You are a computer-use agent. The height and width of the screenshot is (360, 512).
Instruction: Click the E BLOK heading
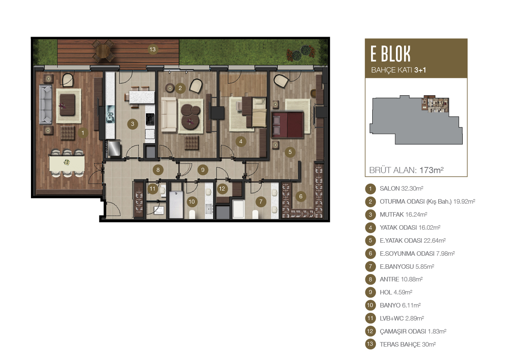point(390,54)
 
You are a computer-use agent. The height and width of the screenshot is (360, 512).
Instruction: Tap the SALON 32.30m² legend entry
point(401,189)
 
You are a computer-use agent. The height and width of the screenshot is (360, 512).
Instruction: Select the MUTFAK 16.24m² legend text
point(403,215)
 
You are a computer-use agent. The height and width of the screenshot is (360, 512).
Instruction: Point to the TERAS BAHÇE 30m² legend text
point(408,345)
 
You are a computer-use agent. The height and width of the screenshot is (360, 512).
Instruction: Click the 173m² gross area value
point(431,170)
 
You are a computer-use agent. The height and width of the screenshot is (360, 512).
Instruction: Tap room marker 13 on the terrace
point(152,49)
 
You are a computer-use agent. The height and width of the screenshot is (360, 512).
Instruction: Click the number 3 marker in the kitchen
point(132,124)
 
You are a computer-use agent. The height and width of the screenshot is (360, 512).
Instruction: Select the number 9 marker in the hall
point(203,170)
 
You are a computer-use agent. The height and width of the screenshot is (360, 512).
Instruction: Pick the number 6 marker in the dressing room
point(301,196)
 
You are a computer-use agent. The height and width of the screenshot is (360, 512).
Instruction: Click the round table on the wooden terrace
point(103,51)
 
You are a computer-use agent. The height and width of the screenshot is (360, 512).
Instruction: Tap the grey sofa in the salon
point(46,105)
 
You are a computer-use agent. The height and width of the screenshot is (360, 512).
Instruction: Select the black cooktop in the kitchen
point(150,119)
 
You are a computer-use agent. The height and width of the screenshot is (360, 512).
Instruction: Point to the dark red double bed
point(287,125)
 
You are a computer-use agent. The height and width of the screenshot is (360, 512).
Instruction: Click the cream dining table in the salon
point(67,163)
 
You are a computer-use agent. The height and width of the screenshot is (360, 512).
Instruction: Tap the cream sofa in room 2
point(169,115)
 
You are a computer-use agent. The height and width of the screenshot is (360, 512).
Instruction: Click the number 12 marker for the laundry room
point(222,189)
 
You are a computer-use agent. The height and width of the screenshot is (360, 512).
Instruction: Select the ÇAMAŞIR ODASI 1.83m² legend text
point(413,331)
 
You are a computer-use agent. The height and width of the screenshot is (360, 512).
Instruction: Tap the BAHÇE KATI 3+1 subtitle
point(399,70)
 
